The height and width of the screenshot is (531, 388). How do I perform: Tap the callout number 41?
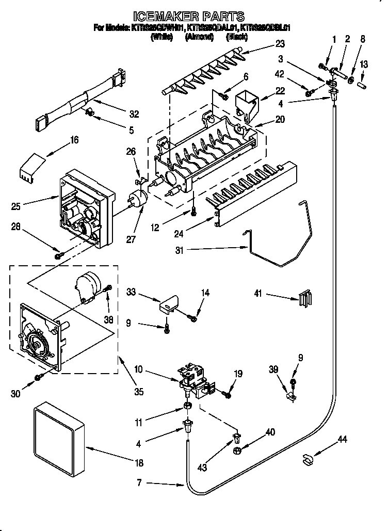[258, 294]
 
